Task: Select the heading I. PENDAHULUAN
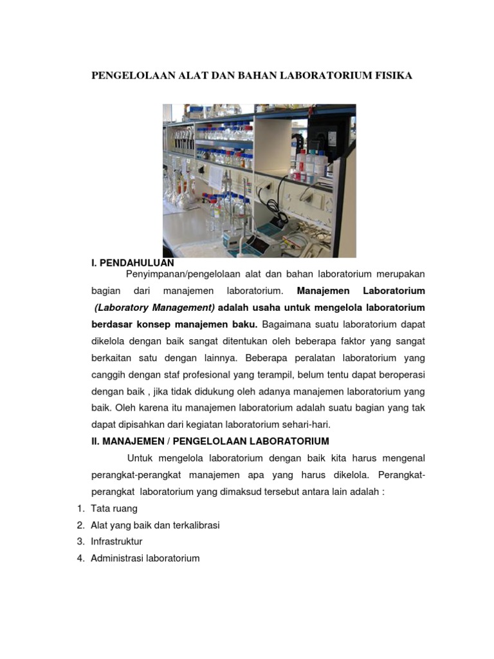coord(133,263)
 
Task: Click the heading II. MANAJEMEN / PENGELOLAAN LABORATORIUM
coord(210,441)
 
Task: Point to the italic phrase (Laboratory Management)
coord(154,307)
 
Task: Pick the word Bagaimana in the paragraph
coord(283,324)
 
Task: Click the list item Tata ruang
coord(114,508)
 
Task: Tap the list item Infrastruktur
coord(116,542)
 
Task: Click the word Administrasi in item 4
coord(118,559)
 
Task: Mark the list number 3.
coord(80,542)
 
